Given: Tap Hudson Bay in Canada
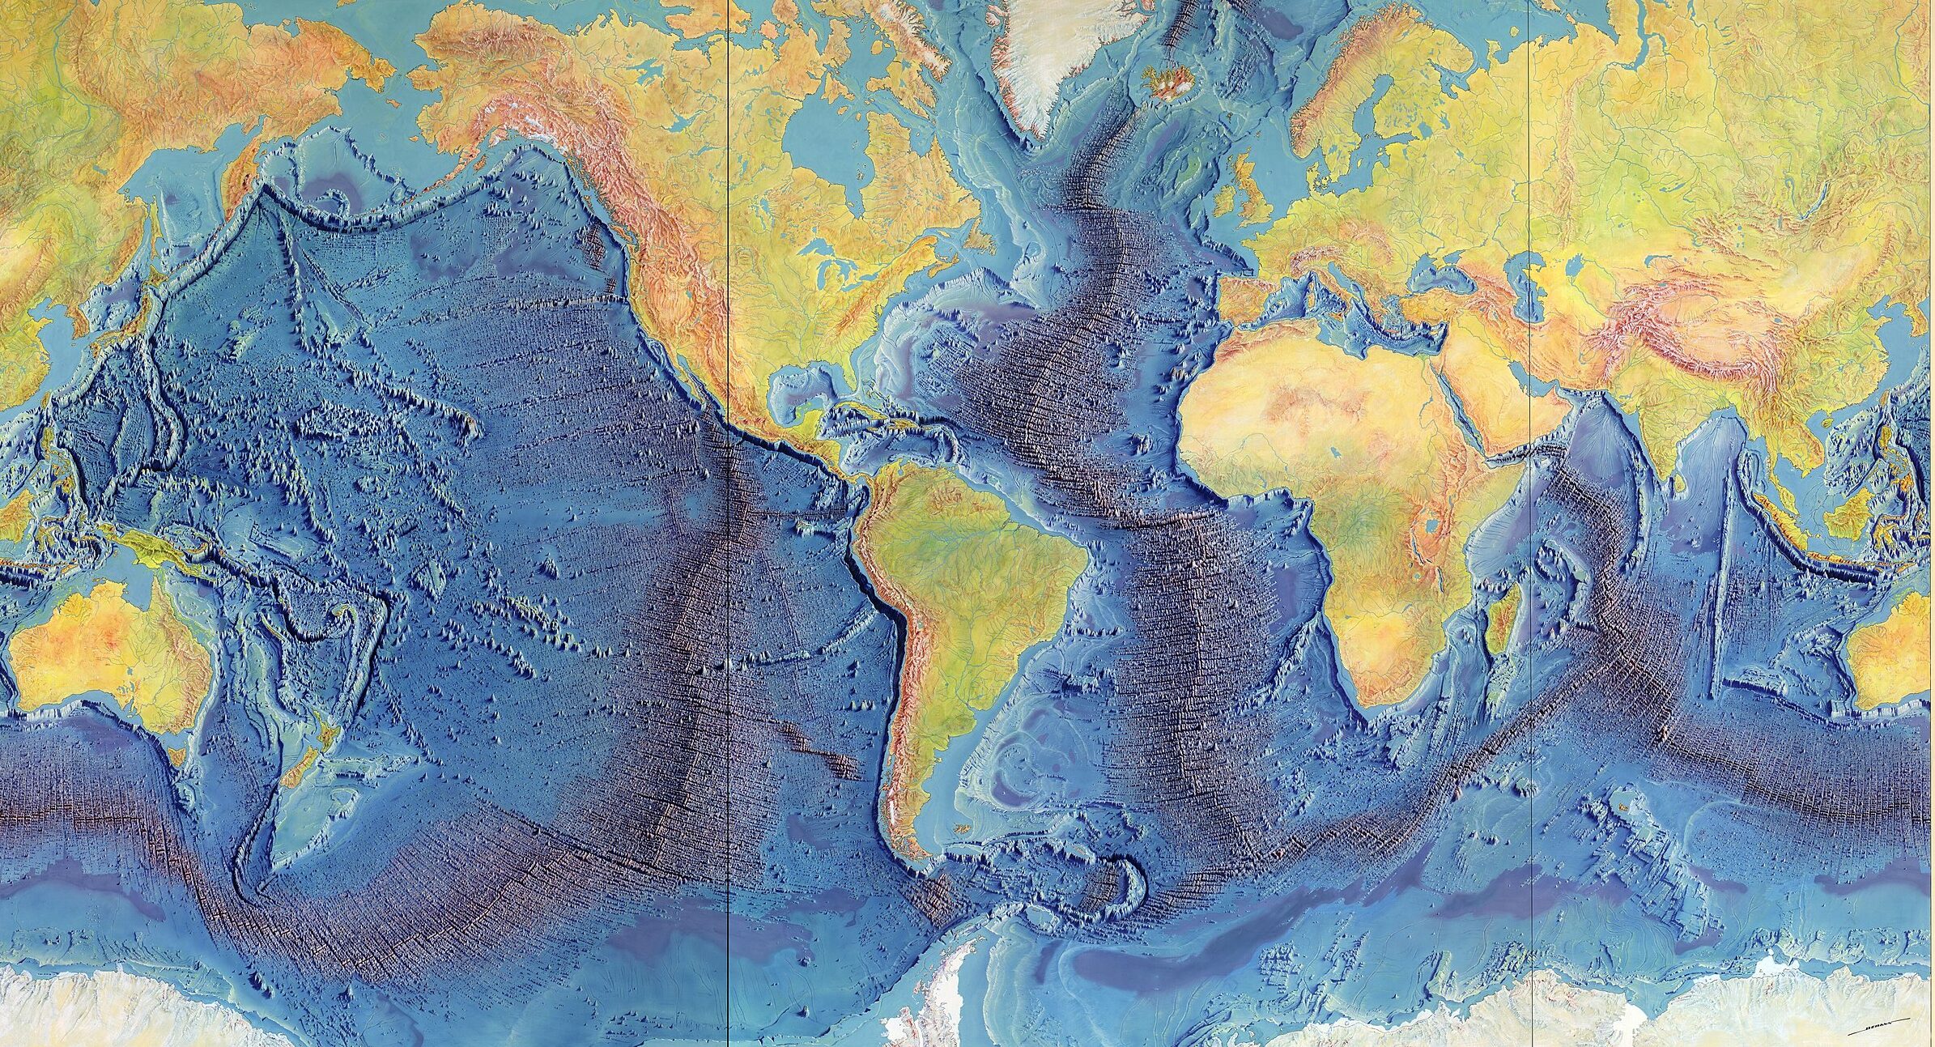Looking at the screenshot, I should (x=818, y=146).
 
